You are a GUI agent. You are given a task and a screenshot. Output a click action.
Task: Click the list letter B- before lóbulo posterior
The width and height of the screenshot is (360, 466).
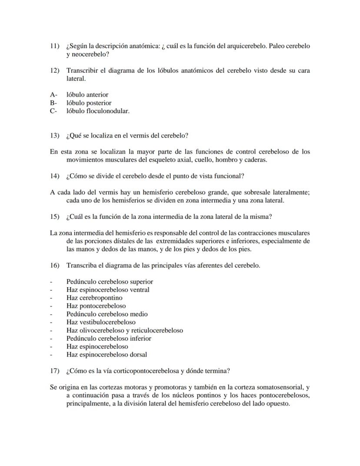point(54,103)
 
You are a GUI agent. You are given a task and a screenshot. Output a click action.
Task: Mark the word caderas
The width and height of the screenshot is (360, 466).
point(255,160)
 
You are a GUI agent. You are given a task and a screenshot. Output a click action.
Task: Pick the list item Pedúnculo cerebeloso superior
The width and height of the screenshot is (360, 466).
point(110,282)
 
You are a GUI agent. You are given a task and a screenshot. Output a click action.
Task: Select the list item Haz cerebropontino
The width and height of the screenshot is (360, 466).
point(94,298)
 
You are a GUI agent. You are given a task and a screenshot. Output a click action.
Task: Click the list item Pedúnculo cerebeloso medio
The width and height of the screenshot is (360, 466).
point(107,314)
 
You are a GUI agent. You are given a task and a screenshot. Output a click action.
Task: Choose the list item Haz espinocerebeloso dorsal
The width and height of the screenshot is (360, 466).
point(107,355)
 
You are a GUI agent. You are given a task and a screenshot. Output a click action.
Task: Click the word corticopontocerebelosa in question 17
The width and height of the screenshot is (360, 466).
point(145,371)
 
